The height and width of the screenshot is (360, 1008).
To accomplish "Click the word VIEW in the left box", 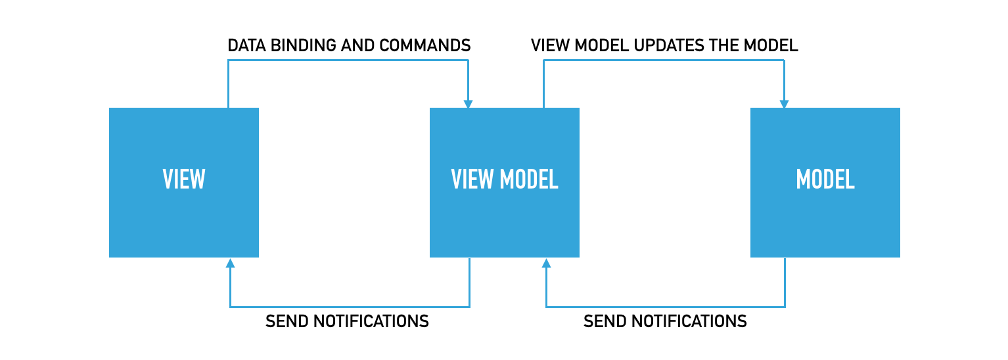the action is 184,179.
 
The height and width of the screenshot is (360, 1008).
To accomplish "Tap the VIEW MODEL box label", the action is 505,179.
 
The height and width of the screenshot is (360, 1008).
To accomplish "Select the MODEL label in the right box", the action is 825,179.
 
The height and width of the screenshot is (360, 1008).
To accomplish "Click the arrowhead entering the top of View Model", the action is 468,104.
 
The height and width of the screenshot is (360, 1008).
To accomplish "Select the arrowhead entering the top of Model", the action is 784,104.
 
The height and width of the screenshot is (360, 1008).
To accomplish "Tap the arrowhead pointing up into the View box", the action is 230,263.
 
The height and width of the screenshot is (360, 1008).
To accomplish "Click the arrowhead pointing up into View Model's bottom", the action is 546,263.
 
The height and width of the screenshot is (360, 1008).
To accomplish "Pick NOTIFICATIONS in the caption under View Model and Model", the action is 689,321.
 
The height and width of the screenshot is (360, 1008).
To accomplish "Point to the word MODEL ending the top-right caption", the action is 771,45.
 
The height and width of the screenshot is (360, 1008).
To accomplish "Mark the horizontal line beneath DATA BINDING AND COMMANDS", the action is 348,60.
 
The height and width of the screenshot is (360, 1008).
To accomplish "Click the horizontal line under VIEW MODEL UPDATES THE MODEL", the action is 664,60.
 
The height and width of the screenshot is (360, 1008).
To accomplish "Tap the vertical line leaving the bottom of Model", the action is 785,282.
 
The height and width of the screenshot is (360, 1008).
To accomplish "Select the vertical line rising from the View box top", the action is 228,83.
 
